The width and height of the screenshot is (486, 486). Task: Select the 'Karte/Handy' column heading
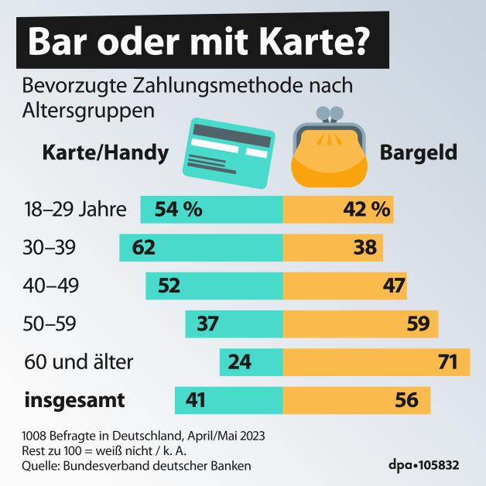point(104,153)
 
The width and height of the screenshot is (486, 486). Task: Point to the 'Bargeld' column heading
point(418,153)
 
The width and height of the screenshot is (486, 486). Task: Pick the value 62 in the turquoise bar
point(144,248)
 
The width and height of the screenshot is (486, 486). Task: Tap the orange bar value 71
point(447,362)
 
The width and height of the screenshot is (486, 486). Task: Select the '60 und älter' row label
point(80,362)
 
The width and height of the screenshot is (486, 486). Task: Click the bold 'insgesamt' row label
point(75,401)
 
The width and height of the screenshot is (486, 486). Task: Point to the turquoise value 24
point(239,362)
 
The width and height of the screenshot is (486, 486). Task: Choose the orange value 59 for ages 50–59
point(418,324)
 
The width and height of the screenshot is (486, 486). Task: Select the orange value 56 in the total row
point(406,401)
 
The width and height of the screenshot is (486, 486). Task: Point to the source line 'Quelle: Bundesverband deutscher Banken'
point(138,465)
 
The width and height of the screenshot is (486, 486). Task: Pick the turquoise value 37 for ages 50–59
point(208,324)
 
